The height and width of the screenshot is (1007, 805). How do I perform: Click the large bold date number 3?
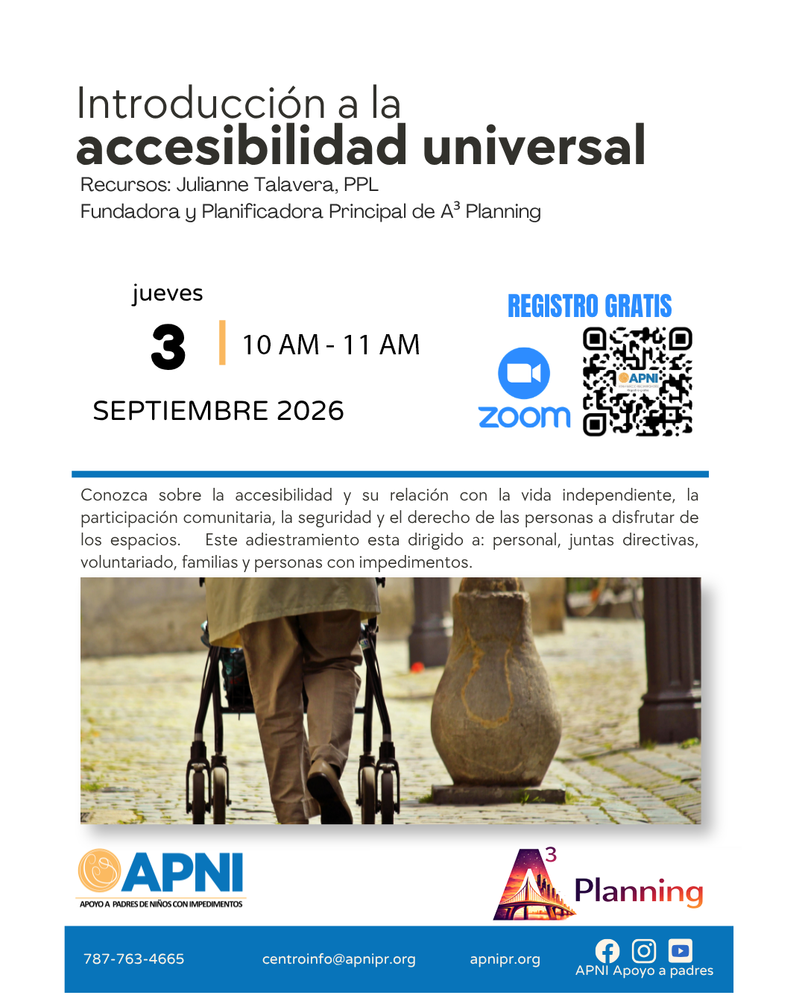168,347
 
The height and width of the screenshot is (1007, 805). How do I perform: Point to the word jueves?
168,294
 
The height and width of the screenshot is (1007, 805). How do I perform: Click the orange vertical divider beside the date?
222,342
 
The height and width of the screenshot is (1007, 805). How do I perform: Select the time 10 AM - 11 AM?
331,345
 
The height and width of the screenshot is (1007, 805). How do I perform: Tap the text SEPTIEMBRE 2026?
218,411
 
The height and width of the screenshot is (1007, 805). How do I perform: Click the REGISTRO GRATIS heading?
590,306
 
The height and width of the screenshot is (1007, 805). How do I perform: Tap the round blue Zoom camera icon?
523,373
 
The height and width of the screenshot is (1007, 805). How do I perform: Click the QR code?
637,381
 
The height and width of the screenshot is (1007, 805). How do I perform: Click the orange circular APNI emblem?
99,870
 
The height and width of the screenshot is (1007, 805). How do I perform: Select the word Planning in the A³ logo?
639,891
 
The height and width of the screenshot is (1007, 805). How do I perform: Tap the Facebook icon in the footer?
607,951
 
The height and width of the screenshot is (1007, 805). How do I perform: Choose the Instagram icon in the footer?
643,950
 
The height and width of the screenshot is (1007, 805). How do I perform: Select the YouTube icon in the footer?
680,950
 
